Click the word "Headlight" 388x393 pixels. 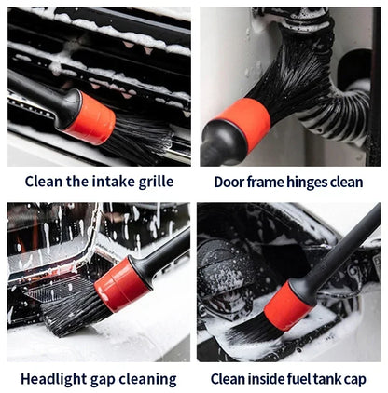point(56,378)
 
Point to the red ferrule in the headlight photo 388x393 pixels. point(121,285)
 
